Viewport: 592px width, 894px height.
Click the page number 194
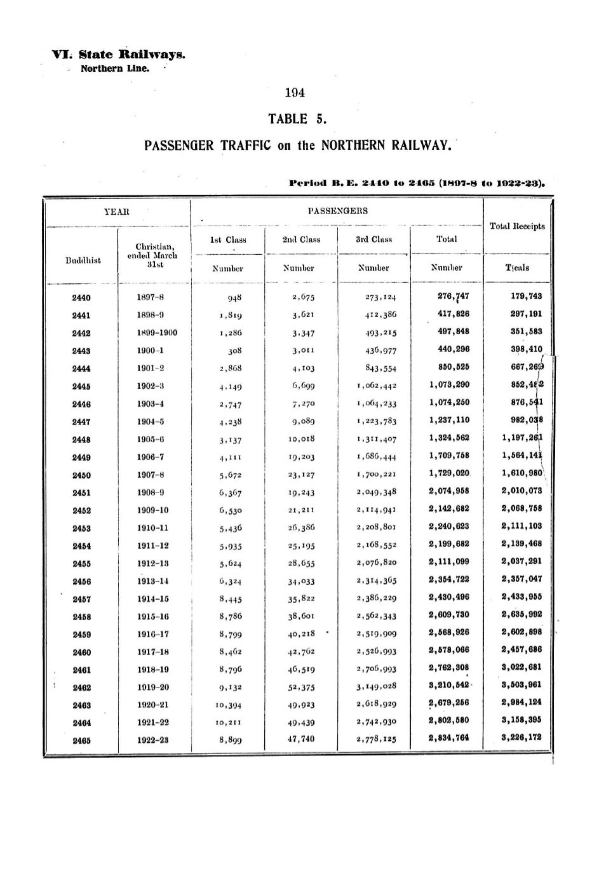tap(295, 93)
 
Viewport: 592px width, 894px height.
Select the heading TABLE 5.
tap(296, 119)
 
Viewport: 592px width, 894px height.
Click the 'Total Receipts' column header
tap(518, 226)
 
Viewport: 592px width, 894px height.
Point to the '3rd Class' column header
tap(373, 240)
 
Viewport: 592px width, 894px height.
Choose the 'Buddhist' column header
tap(83, 260)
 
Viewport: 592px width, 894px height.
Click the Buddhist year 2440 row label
tap(81, 297)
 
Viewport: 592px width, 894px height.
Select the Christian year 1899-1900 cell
tap(157, 333)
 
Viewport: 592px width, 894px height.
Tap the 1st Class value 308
tap(234, 350)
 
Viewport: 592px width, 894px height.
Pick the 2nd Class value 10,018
tap(301, 438)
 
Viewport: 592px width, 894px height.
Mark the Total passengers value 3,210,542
tap(448, 686)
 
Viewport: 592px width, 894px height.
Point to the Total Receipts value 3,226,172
tap(521, 738)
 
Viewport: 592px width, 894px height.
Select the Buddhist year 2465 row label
tap(81, 740)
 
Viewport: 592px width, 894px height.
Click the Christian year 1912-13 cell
tap(152, 563)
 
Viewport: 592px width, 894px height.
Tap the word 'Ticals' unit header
tap(517, 268)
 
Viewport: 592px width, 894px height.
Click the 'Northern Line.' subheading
tap(115, 69)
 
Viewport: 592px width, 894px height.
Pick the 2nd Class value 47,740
tap(301, 739)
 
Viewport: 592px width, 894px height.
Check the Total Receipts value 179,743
tap(526, 296)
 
